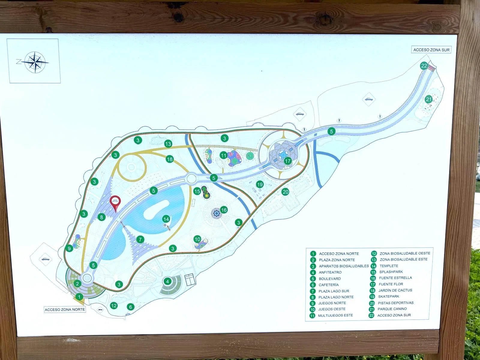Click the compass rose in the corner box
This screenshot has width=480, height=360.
tap(35, 62)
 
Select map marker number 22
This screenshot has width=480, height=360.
tap(424, 66)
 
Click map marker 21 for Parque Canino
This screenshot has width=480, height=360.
tap(429, 99)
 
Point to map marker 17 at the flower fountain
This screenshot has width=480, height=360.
tap(288, 161)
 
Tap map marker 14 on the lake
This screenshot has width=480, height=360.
tap(166, 219)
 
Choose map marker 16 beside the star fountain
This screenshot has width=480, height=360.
tap(224, 210)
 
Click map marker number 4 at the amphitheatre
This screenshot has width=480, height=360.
tap(167, 281)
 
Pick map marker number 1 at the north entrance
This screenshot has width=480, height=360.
tap(79, 297)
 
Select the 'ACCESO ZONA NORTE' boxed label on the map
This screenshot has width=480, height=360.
tap(65, 310)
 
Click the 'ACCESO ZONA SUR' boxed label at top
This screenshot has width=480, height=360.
tap(431, 50)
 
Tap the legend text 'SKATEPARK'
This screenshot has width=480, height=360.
tap(388, 296)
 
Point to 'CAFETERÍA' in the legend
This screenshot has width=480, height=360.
tap(328, 285)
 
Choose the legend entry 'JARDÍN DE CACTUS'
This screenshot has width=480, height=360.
tap(395, 290)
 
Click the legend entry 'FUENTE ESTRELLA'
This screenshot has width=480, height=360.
tap(395, 278)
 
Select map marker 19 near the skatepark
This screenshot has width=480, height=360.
tap(260, 184)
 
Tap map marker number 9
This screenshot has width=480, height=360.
tap(69, 248)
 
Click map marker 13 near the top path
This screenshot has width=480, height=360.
tap(168, 144)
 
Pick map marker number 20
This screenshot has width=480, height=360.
tap(285, 192)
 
